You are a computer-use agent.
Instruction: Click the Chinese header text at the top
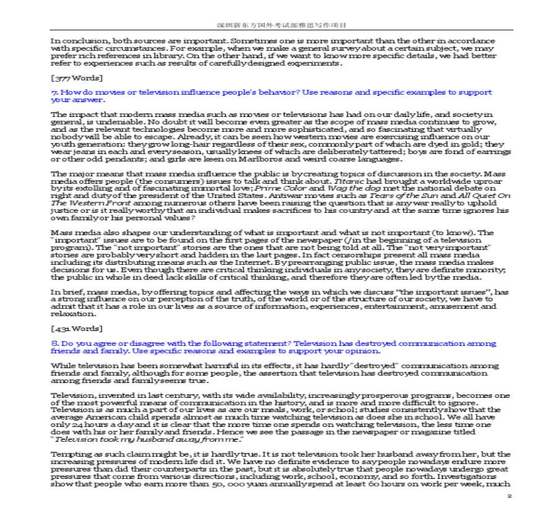[x=281, y=25]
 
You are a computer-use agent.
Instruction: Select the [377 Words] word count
[x=76, y=78]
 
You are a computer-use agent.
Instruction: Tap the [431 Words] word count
[x=76, y=328]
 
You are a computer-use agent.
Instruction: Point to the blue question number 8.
[x=54, y=343]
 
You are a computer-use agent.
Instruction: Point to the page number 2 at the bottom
[x=508, y=496]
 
